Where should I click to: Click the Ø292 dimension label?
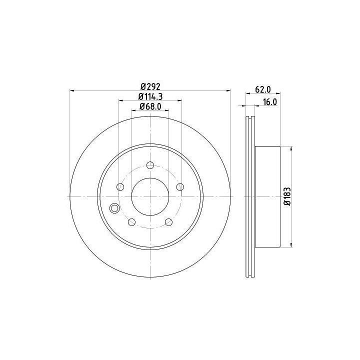[x=150, y=87]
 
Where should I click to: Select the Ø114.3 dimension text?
[x=150, y=96]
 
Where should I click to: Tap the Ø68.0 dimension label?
[x=150, y=106]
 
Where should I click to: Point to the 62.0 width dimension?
[x=263, y=89]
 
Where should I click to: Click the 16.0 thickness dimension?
[x=270, y=102]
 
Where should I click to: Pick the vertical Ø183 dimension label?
[x=287, y=196]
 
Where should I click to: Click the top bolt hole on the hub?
[x=150, y=165]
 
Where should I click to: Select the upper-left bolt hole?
[x=120, y=187]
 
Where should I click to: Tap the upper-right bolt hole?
[x=180, y=187]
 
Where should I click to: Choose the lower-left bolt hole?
[x=132, y=222]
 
